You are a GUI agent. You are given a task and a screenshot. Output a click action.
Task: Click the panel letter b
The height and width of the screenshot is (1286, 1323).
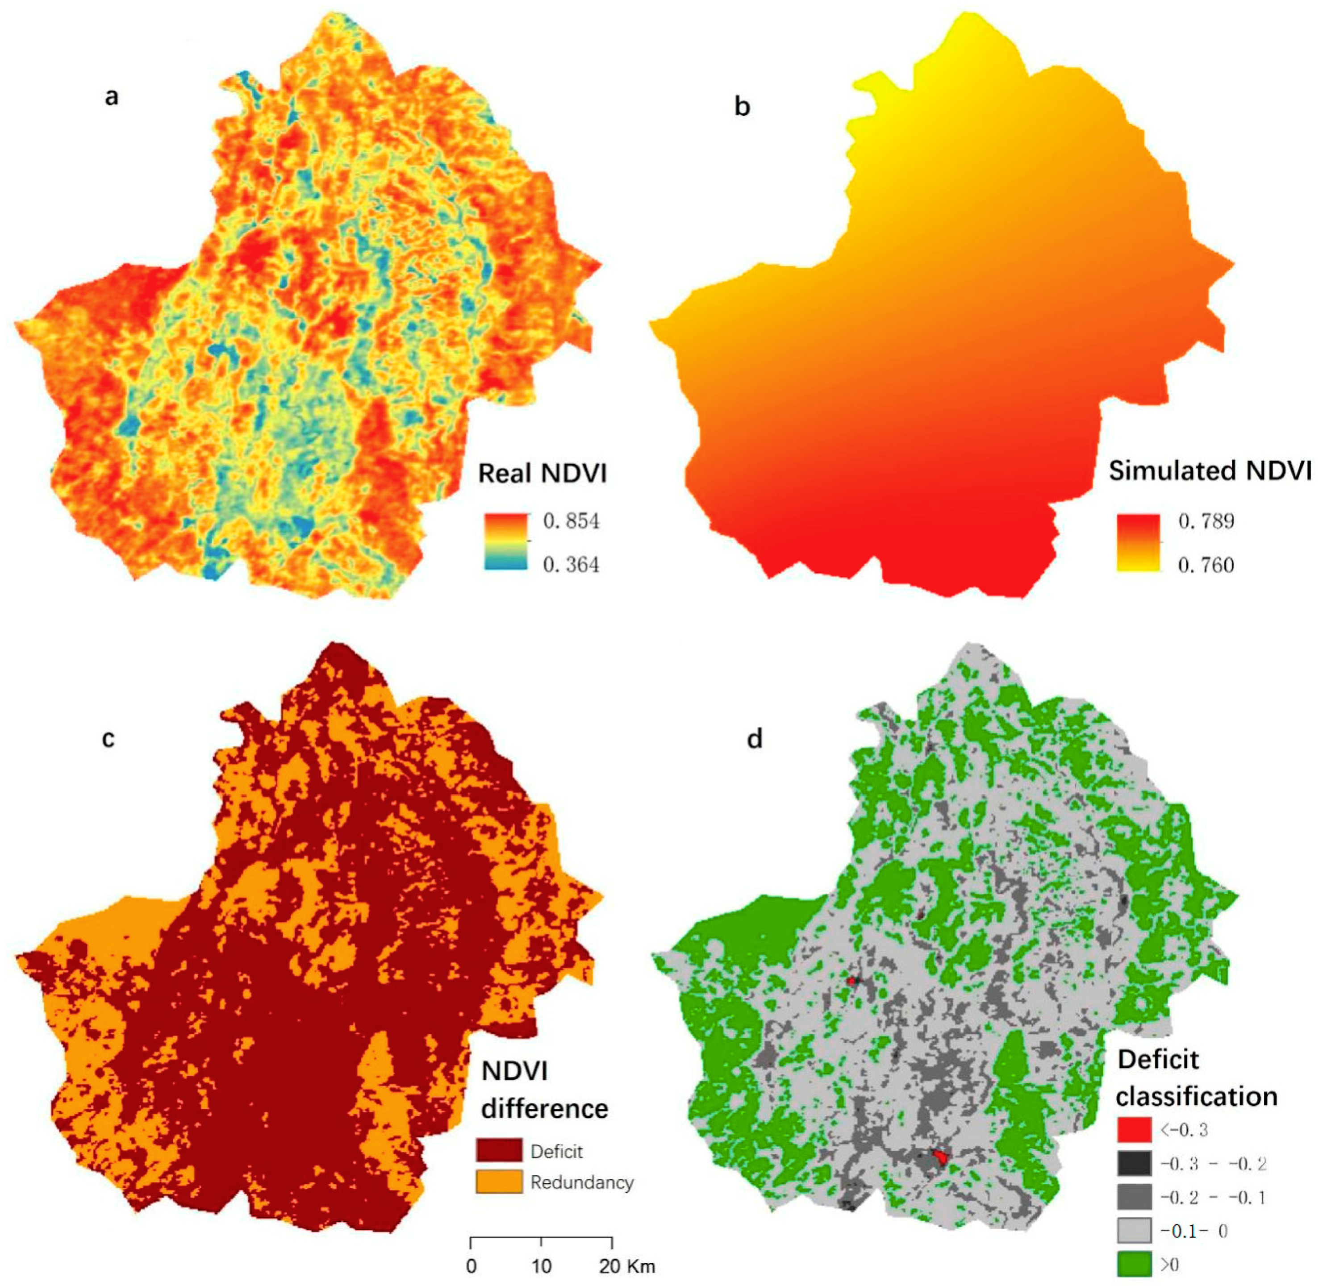click(x=742, y=107)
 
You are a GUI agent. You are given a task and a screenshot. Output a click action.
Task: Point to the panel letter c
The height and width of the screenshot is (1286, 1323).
click(x=108, y=738)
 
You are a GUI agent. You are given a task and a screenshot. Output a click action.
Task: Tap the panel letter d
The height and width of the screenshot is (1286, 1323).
click(x=754, y=739)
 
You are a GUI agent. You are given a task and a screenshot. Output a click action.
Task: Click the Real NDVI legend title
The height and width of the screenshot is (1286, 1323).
click(x=542, y=474)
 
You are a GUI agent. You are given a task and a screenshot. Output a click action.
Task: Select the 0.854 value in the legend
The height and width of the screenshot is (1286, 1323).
click(x=571, y=521)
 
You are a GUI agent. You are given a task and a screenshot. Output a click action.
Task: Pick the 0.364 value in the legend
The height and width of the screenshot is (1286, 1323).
click(x=571, y=564)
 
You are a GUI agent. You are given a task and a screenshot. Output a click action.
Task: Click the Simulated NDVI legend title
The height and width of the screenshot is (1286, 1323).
click(x=1210, y=471)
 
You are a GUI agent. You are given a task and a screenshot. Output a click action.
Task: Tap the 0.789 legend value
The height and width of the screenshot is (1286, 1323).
click(x=1206, y=521)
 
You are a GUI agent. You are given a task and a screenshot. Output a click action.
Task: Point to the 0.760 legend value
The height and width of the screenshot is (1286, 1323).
click(x=1206, y=564)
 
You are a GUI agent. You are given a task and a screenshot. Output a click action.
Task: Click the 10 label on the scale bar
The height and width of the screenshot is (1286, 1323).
click(x=541, y=1266)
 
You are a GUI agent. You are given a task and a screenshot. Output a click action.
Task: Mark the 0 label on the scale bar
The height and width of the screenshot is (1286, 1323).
click(x=472, y=1266)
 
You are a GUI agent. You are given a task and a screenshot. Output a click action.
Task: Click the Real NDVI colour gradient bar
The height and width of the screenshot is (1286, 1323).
click(x=505, y=542)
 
